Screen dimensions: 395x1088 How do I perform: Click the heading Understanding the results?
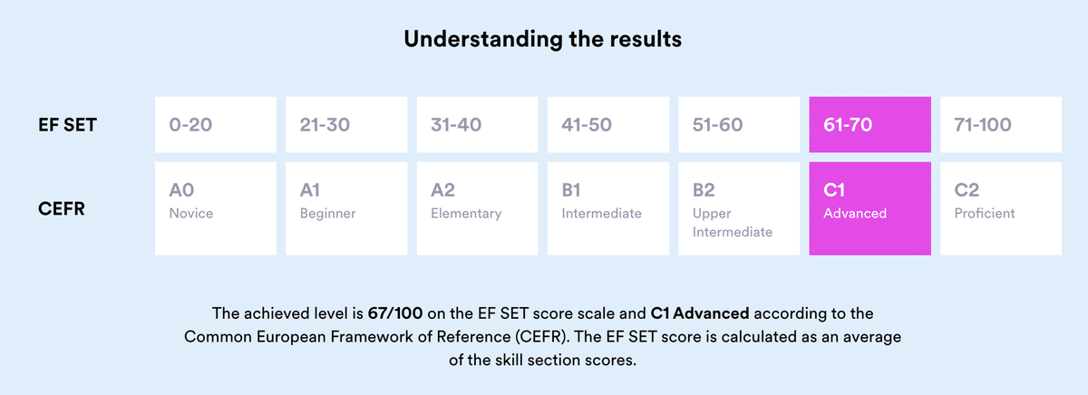(x=543, y=39)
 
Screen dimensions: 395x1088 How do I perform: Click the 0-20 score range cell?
(x=216, y=125)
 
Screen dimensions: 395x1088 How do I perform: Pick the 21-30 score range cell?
(x=346, y=125)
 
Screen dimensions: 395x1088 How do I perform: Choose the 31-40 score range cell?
(x=477, y=125)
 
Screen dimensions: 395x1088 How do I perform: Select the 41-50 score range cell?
(x=607, y=125)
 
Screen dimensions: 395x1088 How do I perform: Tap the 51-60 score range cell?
(x=738, y=125)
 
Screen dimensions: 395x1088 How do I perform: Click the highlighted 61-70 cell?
(x=869, y=125)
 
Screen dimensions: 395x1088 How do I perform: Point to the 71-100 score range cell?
(x=1000, y=125)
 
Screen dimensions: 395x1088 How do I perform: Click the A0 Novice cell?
(x=216, y=207)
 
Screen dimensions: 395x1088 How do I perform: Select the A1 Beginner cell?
(x=346, y=207)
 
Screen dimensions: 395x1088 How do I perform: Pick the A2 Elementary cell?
(x=477, y=207)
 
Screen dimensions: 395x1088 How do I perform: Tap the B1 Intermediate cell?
(x=607, y=207)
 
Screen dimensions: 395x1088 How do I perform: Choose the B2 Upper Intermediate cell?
(x=738, y=207)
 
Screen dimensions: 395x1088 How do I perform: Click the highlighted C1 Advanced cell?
(x=869, y=207)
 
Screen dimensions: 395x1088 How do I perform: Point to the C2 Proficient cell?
(x=1000, y=207)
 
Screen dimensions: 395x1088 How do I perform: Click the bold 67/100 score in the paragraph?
(x=395, y=313)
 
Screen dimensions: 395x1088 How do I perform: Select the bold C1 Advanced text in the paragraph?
(x=700, y=313)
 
